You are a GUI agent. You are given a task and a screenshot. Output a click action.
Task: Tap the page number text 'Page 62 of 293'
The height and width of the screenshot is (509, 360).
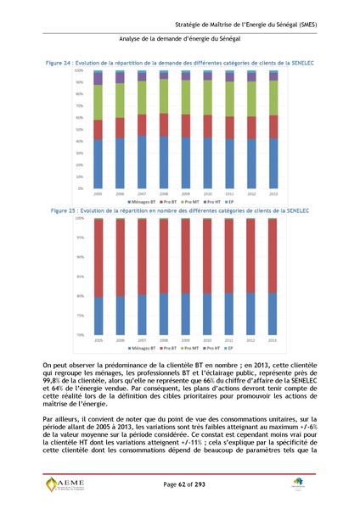[179, 484]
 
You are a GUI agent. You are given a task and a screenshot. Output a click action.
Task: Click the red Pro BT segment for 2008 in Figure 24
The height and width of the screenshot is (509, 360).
[163, 125]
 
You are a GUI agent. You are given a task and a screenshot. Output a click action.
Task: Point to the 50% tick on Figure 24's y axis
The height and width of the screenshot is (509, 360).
[78, 129]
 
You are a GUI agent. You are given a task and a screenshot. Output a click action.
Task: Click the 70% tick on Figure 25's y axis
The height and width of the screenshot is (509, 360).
[78, 335]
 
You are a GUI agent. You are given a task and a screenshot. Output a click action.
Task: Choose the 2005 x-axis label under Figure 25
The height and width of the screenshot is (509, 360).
[98, 340]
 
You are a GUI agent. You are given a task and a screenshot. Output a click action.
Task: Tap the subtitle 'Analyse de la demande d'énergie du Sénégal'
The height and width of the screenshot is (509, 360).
[179, 41]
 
